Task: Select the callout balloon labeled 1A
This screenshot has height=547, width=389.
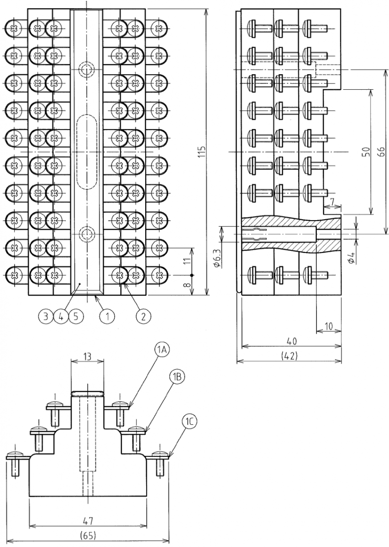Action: [162, 350]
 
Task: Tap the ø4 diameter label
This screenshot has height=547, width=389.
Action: [351, 256]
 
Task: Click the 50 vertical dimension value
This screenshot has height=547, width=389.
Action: [365, 152]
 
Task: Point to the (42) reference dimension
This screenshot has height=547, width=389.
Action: [289, 356]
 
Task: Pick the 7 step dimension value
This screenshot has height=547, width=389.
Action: [332, 201]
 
